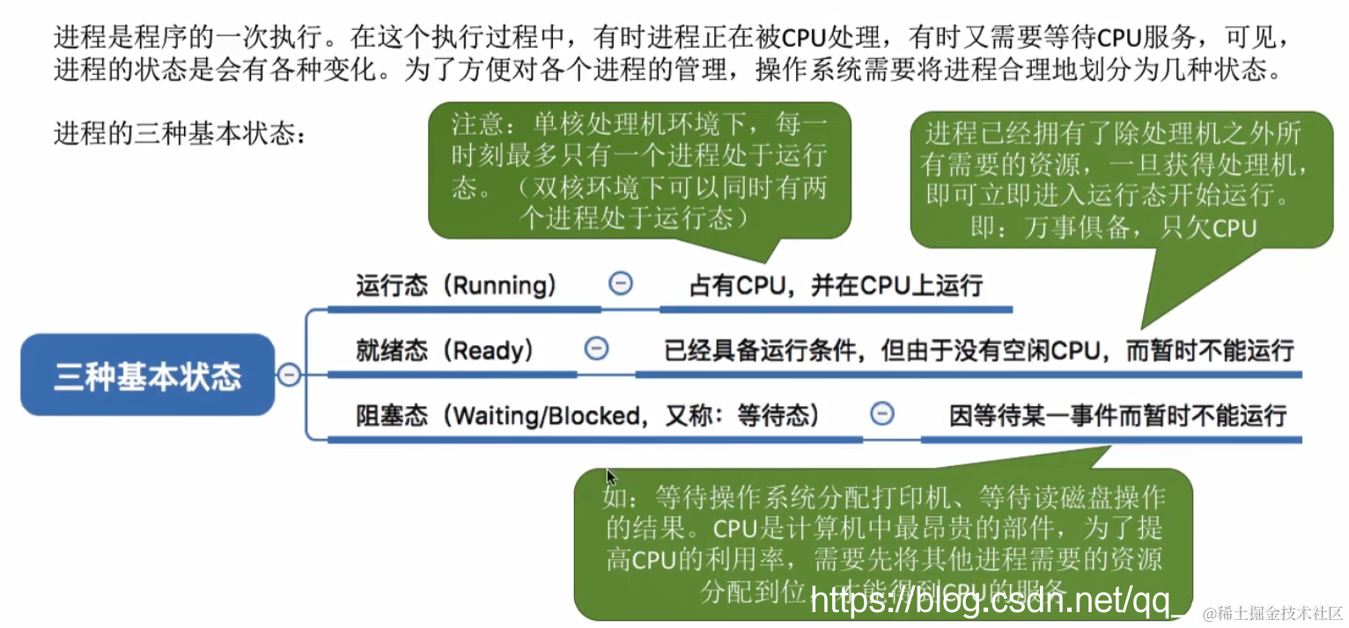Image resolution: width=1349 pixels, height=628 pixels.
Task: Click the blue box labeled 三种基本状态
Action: (147, 375)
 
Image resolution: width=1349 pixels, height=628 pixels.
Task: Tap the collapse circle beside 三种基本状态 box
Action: (289, 375)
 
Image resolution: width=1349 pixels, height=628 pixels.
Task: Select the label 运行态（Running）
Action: (456, 285)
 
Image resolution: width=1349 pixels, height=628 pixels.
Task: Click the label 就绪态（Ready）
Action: (445, 351)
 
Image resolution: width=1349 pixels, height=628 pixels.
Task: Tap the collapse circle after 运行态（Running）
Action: (621, 283)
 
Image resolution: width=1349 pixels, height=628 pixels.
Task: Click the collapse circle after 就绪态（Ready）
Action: (596, 349)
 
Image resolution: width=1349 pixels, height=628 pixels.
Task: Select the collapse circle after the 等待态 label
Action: (881, 413)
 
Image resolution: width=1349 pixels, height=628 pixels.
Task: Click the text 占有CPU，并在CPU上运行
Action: (836, 285)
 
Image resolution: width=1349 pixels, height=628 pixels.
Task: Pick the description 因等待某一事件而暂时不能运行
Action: (1117, 415)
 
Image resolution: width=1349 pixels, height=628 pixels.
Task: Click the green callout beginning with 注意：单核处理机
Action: (640, 170)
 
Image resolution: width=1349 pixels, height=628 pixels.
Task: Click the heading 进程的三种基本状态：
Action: (181, 135)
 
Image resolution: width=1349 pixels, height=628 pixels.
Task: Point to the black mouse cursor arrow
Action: (610, 477)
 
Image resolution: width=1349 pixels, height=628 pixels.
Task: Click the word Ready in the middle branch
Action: (486, 351)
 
